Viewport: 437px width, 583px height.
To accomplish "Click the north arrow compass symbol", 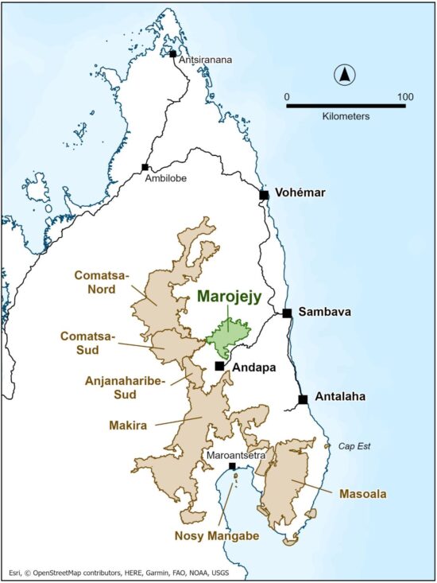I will [x=346, y=76].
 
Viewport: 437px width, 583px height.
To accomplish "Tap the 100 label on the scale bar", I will [x=405, y=97].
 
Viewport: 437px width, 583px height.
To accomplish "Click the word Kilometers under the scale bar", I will [x=346, y=116].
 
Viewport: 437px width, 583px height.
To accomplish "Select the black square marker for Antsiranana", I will [x=172, y=53].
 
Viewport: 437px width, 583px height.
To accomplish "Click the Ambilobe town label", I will [x=164, y=179].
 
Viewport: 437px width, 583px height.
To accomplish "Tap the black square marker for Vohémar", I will [x=264, y=194].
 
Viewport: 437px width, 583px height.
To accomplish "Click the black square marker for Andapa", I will [x=220, y=366].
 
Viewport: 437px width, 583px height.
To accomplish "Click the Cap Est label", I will [x=355, y=446].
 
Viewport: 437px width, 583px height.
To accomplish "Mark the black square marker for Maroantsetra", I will [x=232, y=466].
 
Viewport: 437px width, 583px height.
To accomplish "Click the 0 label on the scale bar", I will [x=287, y=97].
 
